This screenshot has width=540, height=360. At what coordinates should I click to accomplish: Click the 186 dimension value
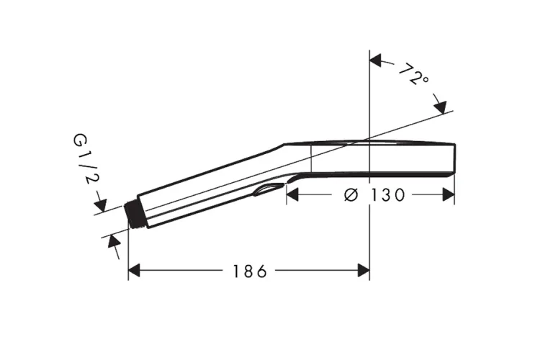[250, 271]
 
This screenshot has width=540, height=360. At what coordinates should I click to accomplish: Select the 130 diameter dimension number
[387, 195]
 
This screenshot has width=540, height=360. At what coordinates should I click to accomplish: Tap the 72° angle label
[414, 73]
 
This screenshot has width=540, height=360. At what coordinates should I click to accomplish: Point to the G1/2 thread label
[83, 159]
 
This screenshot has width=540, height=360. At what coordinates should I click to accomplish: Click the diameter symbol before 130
[351, 195]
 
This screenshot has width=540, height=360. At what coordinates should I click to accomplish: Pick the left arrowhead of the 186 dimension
[134, 271]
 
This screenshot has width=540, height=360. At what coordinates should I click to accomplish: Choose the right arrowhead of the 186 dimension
[364, 271]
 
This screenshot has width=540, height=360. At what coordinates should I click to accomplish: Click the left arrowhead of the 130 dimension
[292, 195]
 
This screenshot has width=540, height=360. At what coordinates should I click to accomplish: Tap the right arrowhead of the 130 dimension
[449, 195]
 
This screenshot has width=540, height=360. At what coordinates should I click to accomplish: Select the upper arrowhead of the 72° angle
[376, 60]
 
